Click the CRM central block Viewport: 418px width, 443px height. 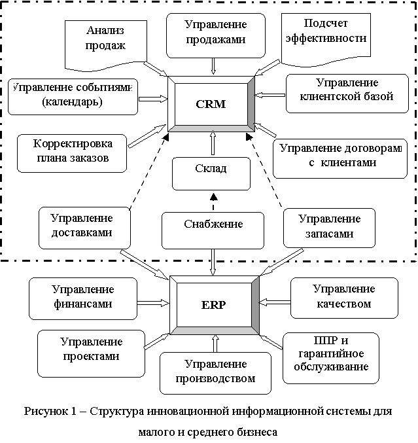(x=211, y=104)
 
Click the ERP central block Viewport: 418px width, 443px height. (x=214, y=304)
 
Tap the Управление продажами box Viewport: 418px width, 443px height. (x=215, y=33)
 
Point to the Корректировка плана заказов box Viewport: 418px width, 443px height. (x=72, y=151)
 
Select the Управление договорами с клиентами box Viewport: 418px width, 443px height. (x=338, y=156)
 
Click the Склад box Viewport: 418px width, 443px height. (x=211, y=170)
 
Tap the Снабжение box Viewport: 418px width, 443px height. (x=213, y=224)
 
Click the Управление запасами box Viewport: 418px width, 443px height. (x=329, y=226)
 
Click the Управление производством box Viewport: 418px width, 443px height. (x=215, y=372)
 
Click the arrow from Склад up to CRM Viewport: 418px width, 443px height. (x=211, y=143)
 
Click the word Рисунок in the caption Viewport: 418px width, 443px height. (x=46, y=412)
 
